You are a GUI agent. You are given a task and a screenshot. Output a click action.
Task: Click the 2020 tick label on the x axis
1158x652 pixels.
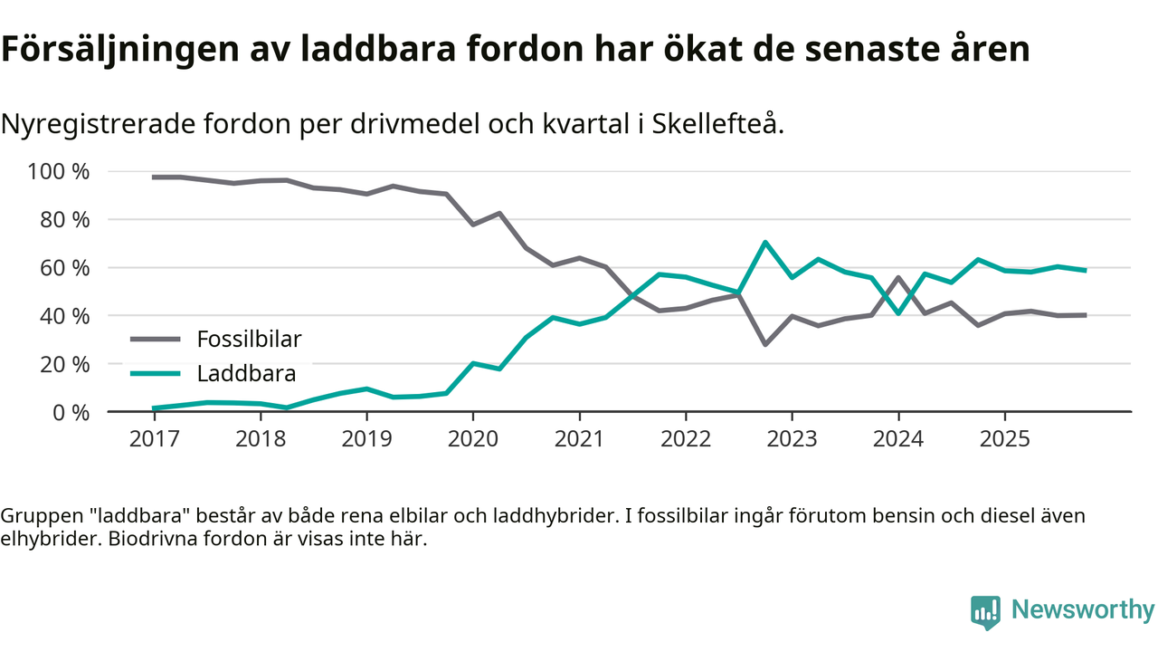[472, 439]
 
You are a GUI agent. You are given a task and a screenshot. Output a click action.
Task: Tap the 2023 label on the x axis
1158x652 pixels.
[792, 439]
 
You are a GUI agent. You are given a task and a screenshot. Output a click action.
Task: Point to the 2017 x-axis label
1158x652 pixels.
[154, 439]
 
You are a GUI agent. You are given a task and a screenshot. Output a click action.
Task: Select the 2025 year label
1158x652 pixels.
[1004, 439]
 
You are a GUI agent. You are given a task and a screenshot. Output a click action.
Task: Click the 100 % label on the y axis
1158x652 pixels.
[61, 171]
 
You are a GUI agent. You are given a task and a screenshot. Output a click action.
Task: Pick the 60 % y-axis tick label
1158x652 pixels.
[65, 268]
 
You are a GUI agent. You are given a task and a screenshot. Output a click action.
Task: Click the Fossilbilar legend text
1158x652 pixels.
[249, 340]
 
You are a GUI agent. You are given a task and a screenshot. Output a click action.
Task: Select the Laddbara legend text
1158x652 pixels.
[246, 373]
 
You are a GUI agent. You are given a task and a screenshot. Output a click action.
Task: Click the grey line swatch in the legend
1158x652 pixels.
[156, 340]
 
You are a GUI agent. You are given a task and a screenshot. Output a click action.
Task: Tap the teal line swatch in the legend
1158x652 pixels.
[156, 373]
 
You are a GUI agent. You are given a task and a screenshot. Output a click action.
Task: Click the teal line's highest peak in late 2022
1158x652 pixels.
[765, 242]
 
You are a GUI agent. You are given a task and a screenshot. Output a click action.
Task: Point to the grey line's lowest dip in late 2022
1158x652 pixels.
[765, 345]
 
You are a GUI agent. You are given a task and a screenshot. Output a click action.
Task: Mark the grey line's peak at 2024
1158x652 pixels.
[898, 277]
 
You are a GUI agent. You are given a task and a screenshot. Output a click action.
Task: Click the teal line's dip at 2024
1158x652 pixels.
[898, 313]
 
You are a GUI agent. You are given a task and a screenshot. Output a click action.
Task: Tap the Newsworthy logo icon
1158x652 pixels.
[985, 612]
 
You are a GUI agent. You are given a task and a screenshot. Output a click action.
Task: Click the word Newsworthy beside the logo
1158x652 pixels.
[1083, 610]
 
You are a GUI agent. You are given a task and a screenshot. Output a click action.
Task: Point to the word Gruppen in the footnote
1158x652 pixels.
[38, 516]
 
